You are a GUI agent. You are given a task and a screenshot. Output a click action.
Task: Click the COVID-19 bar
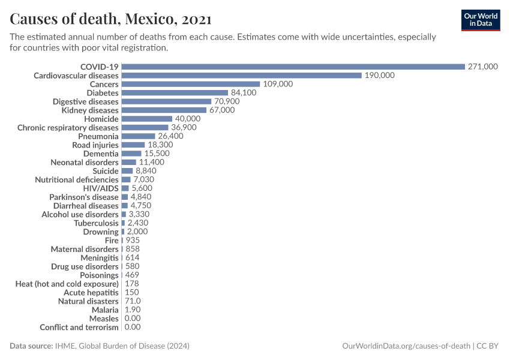click(x=293, y=67)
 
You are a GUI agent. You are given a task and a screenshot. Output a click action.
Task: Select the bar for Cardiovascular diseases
click(x=241, y=76)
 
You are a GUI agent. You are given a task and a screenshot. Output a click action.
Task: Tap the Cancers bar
click(x=190, y=84)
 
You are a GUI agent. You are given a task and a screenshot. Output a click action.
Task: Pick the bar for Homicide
click(x=146, y=119)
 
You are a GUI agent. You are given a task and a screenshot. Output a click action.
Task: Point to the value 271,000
click(x=482, y=67)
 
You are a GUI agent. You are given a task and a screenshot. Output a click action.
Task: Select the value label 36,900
click(x=184, y=128)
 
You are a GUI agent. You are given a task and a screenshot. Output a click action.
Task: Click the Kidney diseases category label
click(x=90, y=110)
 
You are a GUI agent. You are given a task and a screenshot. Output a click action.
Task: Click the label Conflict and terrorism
click(x=79, y=327)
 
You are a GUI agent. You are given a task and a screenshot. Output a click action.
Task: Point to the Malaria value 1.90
click(x=133, y=310)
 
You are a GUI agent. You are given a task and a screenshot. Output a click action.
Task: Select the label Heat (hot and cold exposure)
click(x=67, y=284)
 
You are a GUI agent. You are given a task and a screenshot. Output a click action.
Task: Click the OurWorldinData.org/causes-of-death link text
click(x=406, y=346)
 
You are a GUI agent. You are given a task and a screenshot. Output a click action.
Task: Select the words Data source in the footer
click(x=31, y=346)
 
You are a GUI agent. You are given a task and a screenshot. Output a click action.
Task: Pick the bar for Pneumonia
click(x=138, y=136)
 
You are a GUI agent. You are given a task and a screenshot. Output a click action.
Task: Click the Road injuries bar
click(x=133, y=145)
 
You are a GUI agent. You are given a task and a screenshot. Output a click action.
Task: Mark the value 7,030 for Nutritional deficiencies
click(x=143, y=179)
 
